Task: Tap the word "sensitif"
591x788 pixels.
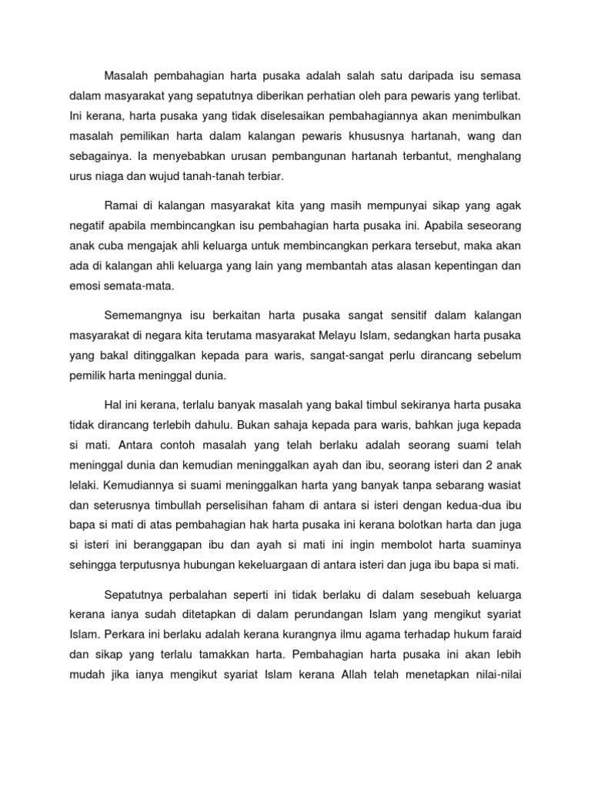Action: [370, 316]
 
